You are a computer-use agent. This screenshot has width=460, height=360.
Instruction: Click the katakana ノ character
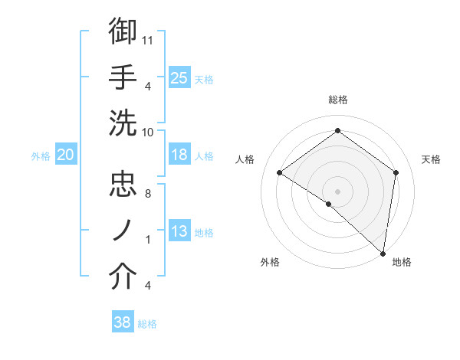pyautogui.click(x=123, y=231)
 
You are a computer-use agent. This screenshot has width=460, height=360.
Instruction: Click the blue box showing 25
pyautogui.click(x=179, y=77)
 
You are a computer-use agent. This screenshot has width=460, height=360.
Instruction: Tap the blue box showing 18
pyautogui.click(x=179, y=155)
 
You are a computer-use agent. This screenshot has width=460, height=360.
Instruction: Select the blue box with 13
pyautogui.click(x=179, y=232)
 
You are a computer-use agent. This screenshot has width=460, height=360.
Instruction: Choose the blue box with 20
pyautogui.click(x=65, y=155)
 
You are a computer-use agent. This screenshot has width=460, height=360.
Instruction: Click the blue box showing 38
pyautogui.click(x=123, y=322)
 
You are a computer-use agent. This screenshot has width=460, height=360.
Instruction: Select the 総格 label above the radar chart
pyautogui.click(x=337, y=100)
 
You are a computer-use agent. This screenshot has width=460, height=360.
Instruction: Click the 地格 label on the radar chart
pyautogui.click(x=402, y=262)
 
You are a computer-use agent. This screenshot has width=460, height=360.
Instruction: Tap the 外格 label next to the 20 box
pyautogui.click(x=41, y=155)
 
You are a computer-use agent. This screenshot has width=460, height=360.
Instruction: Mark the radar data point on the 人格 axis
pyautogui.click(x=279, y=172)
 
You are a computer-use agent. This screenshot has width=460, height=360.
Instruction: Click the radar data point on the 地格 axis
pyautogui.click(x=383, y=253)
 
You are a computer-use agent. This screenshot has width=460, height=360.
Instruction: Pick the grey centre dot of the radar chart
pyautogui.click(x=337, y=191)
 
